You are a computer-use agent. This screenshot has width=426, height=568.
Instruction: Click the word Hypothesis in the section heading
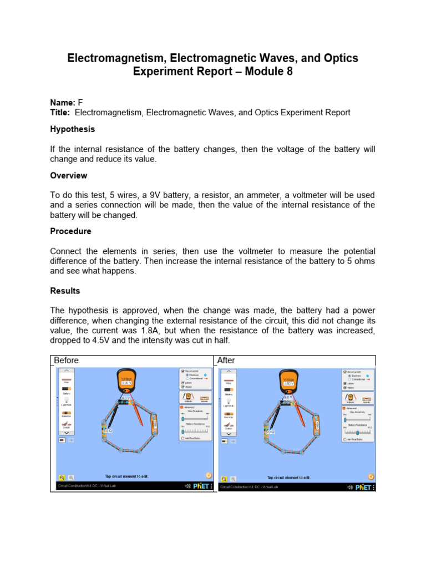[x=72, y=129]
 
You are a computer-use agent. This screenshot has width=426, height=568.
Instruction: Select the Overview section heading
[x=69, y=175]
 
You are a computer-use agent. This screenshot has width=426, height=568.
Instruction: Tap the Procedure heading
[x=70, y=231]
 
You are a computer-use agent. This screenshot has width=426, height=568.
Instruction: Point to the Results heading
[x=65, y=291]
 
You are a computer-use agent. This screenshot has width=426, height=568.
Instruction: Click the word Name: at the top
[x=62, y=103]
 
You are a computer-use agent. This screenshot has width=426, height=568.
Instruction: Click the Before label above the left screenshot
[x=66, y=360]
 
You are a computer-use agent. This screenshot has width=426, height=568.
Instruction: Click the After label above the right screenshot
[x=226, y=360]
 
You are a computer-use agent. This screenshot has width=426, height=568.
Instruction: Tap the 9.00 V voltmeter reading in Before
[x=126, y=383]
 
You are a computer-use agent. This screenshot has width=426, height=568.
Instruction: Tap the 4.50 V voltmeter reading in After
[x=288, y=383]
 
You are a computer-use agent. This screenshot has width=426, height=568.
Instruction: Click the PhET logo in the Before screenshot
[x=201, y=486]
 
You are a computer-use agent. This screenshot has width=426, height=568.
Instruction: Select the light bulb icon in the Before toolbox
[x=66, y=399]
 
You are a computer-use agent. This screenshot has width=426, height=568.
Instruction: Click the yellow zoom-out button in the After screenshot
[x=224, y=477]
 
